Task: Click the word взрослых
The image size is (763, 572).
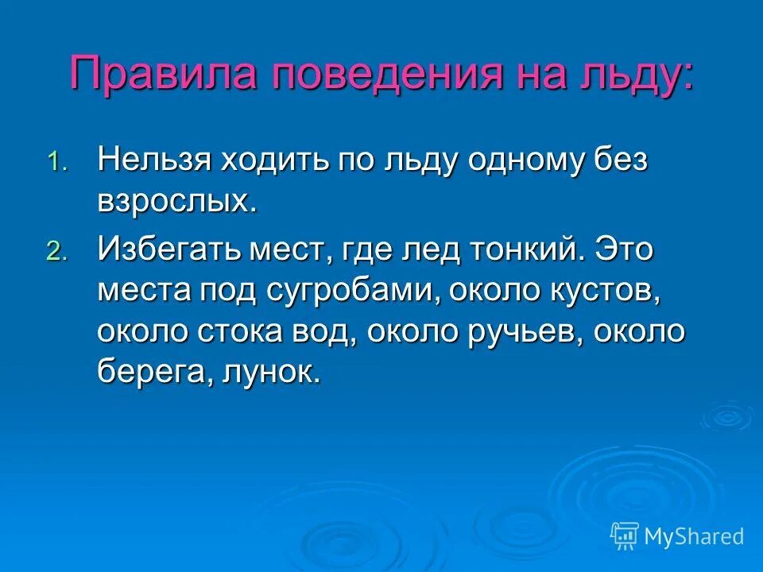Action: pos(176,202)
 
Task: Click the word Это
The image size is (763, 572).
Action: pos(625,249)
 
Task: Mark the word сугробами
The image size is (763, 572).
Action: pos(349,291)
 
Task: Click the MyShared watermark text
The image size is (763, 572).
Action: pos(694,536)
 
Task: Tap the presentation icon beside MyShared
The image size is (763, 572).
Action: pos(624,536)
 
